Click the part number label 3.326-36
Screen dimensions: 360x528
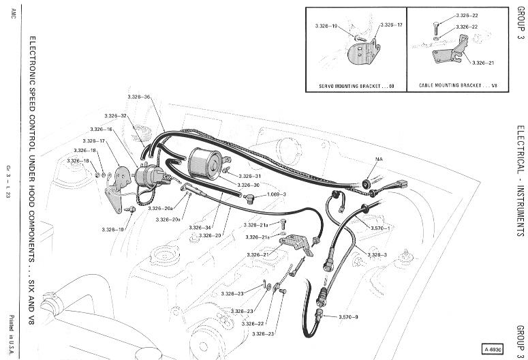coord(138,97)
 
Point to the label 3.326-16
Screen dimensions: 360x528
coord(101,129)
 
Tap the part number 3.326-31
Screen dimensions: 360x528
coord(249,176)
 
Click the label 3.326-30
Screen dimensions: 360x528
coord(249,185)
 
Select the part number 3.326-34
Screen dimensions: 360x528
coord(200,227)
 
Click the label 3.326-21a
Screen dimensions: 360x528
coord(255,224)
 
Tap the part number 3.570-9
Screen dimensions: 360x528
coord(347,318)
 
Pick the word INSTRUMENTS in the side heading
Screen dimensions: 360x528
coord(520,205)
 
